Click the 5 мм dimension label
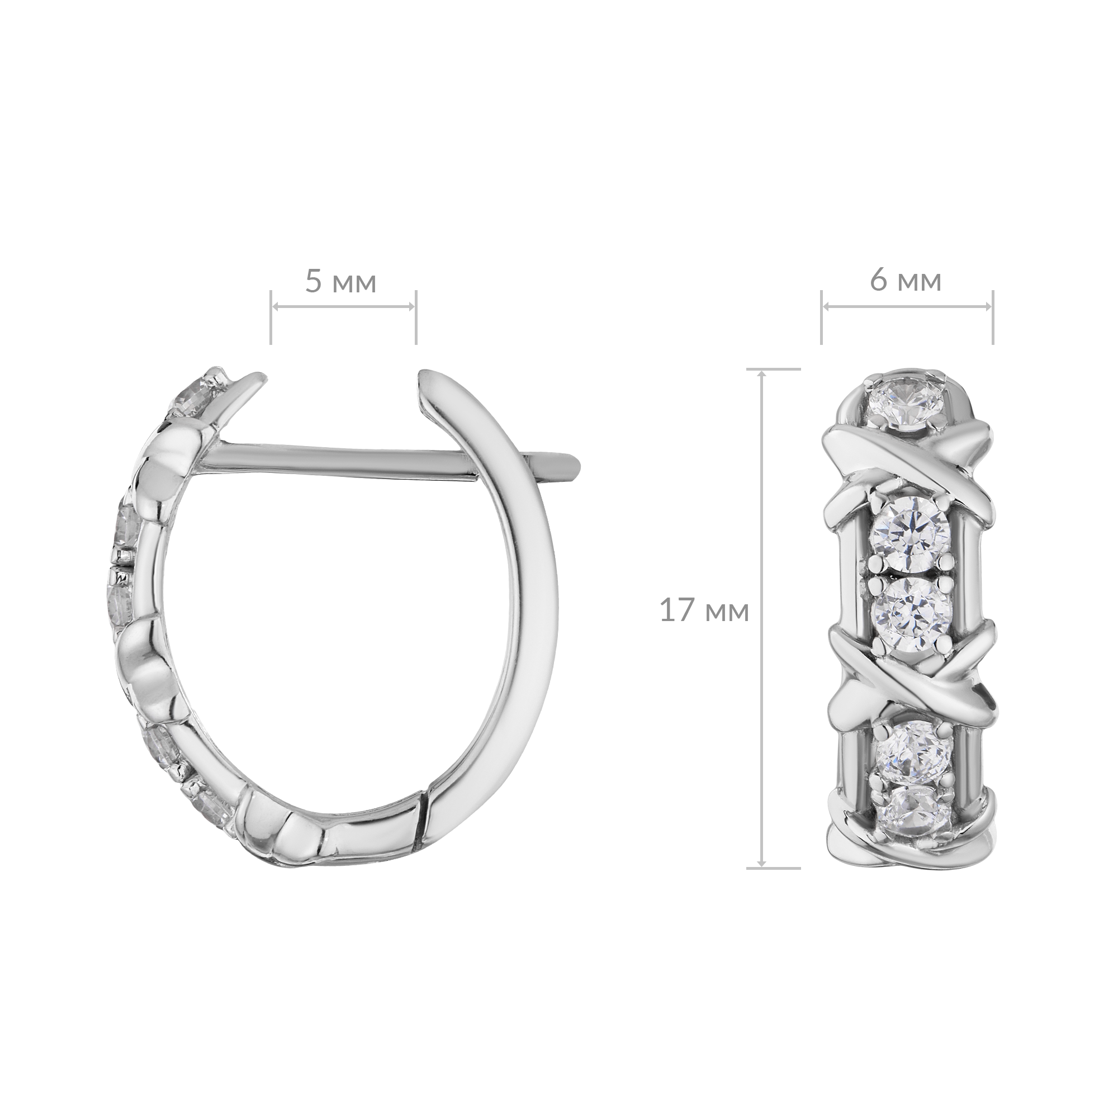pos(341,282)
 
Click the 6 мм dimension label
pos(906,281)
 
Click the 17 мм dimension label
pos(704,611)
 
